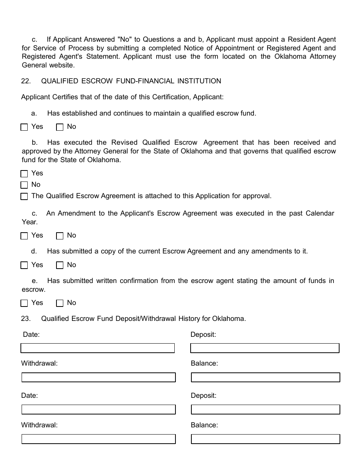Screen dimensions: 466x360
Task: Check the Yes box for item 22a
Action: pos(24,127)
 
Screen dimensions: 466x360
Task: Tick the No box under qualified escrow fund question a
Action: pos(59,127)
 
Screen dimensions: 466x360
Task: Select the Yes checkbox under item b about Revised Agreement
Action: pos(24,174)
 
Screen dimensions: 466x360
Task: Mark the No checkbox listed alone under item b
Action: pos(24,185)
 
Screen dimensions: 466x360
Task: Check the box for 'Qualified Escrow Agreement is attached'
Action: pos(24,197)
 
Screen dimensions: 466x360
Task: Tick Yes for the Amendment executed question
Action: pos(24,236)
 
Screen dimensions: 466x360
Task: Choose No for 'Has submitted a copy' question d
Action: pos(59,266)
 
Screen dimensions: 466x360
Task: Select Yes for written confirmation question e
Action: pos(24,303)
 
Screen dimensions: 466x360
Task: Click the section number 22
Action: pos(26,81)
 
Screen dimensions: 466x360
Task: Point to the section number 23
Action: pos(26,319)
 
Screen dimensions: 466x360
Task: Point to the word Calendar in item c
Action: pos(319,213)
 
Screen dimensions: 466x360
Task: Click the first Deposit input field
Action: pos(265,348)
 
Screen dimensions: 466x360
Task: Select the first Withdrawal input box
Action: pos(99,377)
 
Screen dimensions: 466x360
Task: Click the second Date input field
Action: pos(99,410)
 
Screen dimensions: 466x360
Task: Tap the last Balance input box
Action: pos(265,439)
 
